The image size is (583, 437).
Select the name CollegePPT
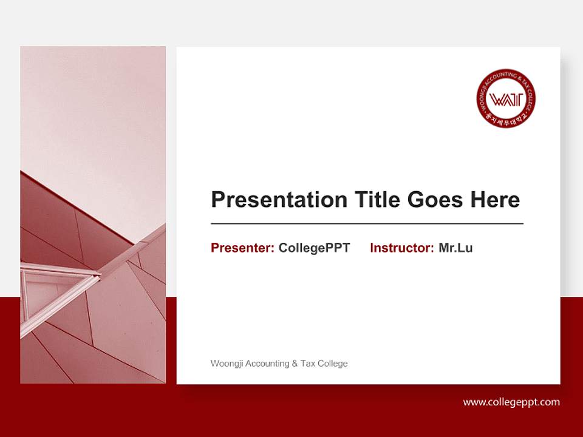pyautogui.click(x=314, y=248)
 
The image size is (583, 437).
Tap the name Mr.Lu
pyautogui.click(x=455, y=248)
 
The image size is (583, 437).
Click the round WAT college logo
pyautogui.click(x=506, y=98)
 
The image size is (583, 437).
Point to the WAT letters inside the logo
pyautogui.click(x=506, y=98)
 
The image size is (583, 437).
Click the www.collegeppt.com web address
pyautogui.click(x=511, y=402)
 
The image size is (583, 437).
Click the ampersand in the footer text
pyautogui.click(x=295, y=364)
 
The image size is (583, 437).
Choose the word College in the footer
pyautogui.click(x=333, y=364)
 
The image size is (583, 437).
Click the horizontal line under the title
pyautogui.click(x=367, y=224)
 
